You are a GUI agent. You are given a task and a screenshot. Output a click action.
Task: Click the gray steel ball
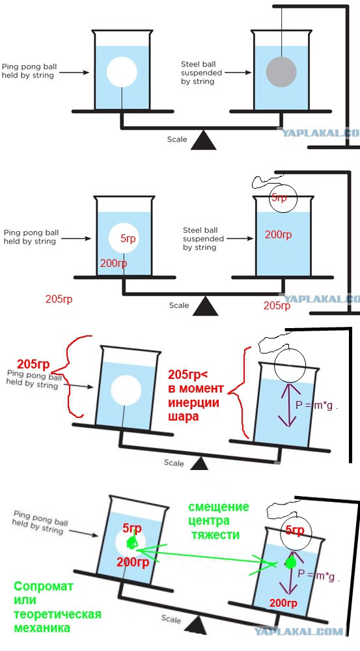(x=281, y=72)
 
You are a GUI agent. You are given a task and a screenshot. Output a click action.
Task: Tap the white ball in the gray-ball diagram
(x=122, y=72)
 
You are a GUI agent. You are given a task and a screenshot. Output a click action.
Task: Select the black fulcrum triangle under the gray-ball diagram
(x=204, y=140)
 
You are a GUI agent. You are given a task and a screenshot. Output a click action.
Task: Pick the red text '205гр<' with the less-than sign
(x=187, y=375)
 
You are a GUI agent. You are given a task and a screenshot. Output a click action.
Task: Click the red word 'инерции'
(x=193, y=403)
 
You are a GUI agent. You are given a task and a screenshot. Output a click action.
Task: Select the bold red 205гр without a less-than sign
(x=33, y=364)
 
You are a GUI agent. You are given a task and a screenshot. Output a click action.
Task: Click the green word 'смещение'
(x=219, y=507)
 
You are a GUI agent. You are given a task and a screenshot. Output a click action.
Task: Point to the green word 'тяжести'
(x=215, y=534)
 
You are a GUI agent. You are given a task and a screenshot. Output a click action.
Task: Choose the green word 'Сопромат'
(x=44, y=587)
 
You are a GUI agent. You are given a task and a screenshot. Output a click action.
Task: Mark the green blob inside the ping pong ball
(x=132, y=542)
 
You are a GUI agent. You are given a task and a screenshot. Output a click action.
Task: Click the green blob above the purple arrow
(x=290, y=562)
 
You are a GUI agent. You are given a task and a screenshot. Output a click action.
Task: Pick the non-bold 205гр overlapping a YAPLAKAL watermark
(x=277, y=306)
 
